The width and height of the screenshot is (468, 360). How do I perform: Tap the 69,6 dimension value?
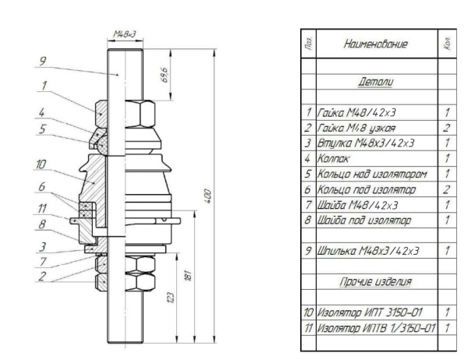coord(161,76)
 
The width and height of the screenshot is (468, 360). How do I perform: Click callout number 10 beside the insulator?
coord(41,164)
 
